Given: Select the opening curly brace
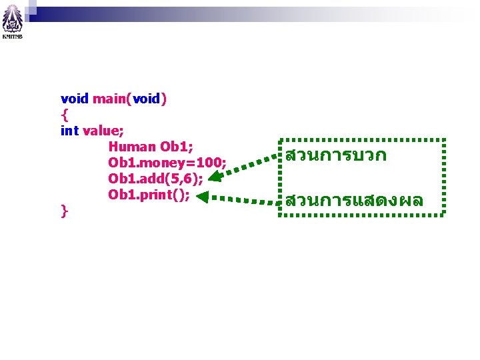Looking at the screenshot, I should coord(64,115).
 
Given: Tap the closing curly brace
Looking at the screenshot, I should coord(64,211).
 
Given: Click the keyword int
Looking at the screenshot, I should coord(69,131).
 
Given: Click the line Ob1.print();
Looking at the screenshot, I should coord(149,195).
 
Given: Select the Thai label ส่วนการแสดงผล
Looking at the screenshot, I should coord(354,201).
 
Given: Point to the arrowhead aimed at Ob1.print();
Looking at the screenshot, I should coord(203,196).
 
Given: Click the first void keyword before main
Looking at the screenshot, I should coord(74,99).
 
